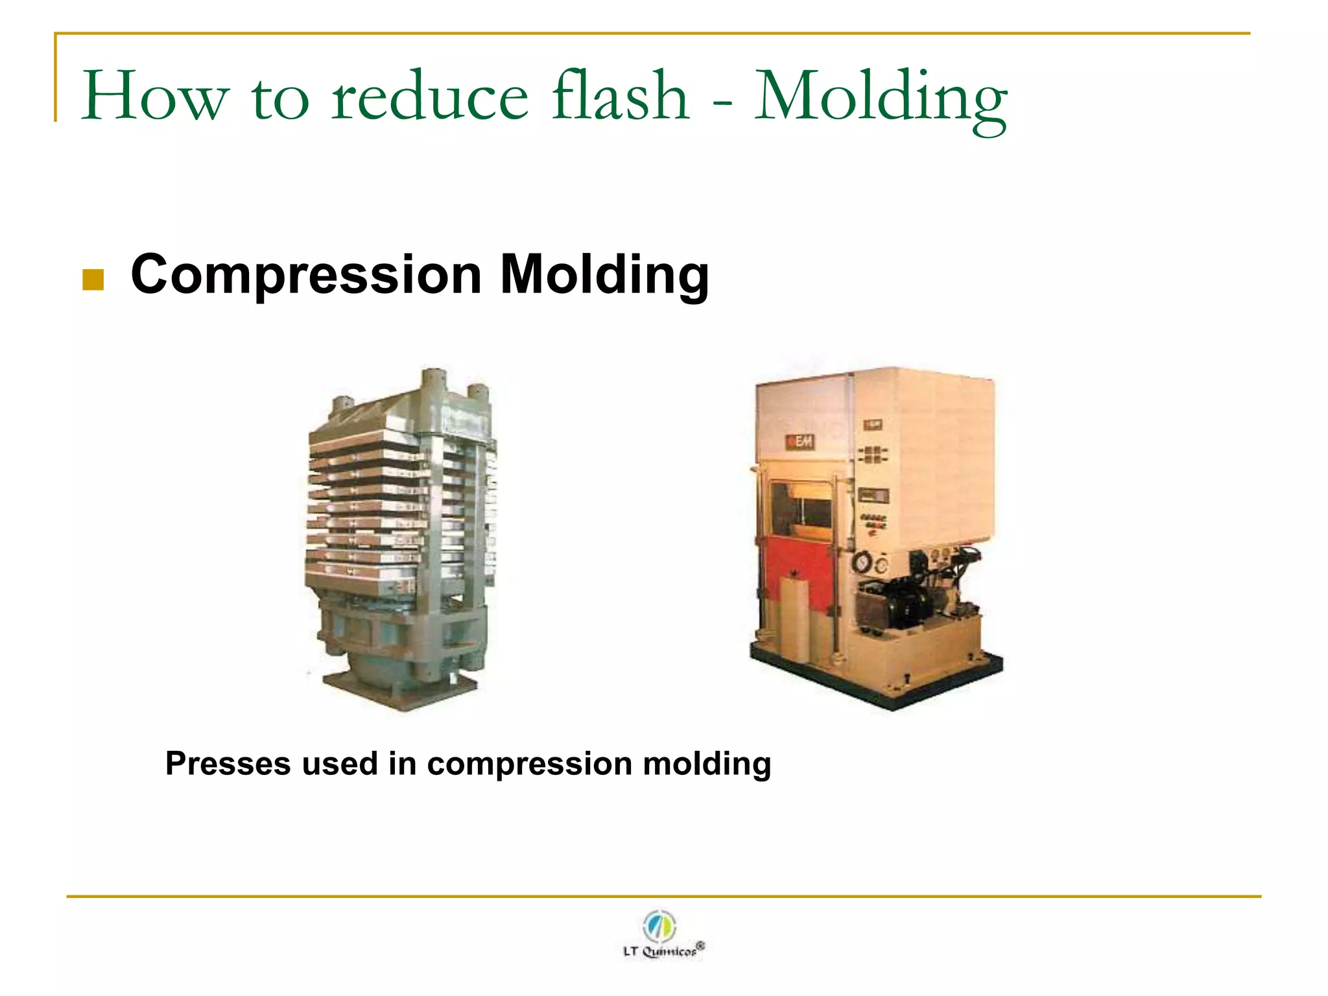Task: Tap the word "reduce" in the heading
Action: coord(430,97)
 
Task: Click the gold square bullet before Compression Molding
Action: coord(93,280)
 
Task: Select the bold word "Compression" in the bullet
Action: coord(305,275)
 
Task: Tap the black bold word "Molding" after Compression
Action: coord(604,275)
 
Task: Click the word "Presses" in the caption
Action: coord(228,764)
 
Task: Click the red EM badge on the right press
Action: coord(800,442)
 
